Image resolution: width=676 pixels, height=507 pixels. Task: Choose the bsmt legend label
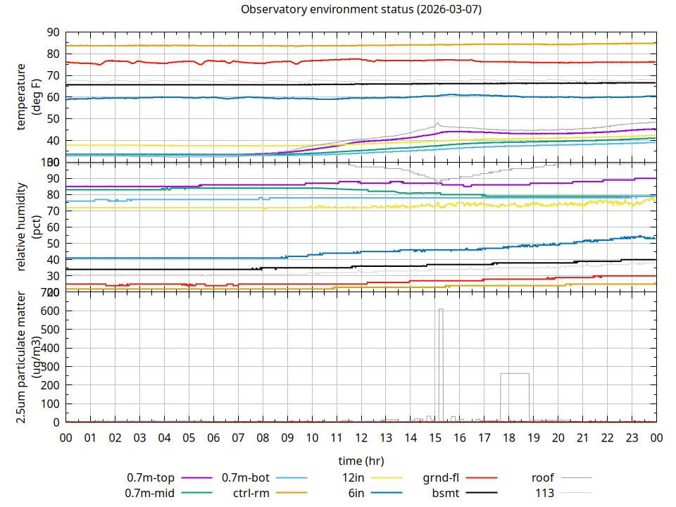(446, 493)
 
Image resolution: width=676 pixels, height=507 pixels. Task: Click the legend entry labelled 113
(544, 493)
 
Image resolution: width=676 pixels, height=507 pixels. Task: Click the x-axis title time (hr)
(361, 461)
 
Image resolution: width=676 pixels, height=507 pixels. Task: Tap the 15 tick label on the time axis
(434, 438)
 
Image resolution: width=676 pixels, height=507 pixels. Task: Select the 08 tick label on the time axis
(263, 438)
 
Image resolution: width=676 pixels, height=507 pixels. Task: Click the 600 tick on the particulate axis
(51, 311)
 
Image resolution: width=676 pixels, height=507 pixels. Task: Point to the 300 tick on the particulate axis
(51, 367)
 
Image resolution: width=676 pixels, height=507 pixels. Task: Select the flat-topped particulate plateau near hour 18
(515, 373)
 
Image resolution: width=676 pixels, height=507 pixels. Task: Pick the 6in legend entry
(356, 493)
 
